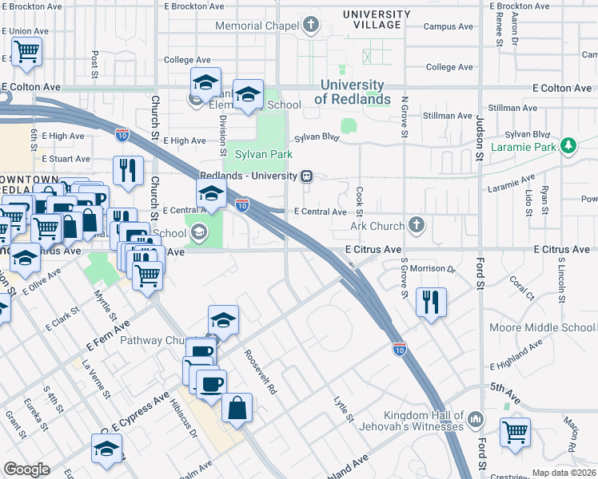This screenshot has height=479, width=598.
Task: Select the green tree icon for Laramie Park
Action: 568,146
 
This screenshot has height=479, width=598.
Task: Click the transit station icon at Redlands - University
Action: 305,176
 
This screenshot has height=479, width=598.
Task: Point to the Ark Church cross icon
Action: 416,226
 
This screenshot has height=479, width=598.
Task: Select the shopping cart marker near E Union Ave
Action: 26,52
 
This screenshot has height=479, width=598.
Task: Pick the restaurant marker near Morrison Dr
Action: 431,303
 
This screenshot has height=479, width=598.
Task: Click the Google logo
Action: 26,469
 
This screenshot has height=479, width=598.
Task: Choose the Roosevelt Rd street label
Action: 261,372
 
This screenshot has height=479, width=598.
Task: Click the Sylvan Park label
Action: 264,154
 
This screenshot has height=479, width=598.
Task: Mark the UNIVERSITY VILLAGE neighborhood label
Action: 371,19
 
